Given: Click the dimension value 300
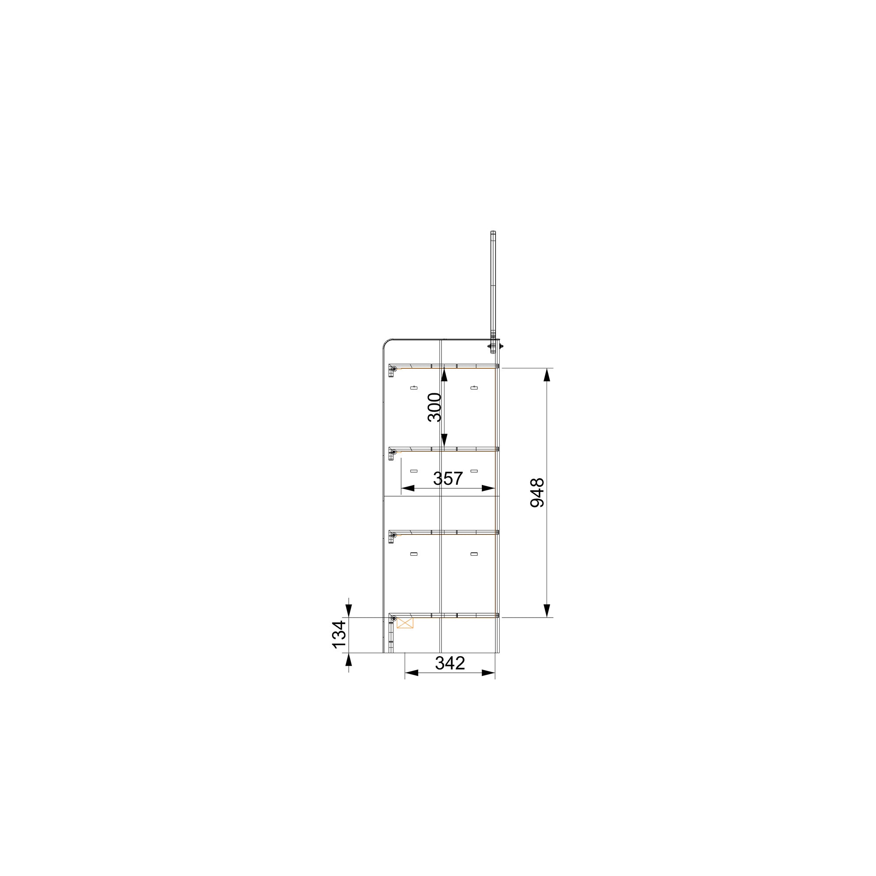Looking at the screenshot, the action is [x=434, y=407].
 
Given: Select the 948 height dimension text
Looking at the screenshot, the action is [x=537, y=492].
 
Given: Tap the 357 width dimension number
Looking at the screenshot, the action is [x=448, y=478].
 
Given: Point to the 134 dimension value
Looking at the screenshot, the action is [x=339, y=634].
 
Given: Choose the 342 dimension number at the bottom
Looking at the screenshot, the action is [x=450, y=663].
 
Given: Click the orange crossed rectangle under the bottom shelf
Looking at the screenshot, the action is [x=405, y=622].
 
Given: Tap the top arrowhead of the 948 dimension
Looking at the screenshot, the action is [x=547, y=375].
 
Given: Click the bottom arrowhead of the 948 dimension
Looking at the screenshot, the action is [x=547, y=610].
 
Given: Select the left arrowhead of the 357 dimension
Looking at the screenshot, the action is [x=408, y=488].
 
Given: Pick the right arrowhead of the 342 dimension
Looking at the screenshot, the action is [x=488, y=673].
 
